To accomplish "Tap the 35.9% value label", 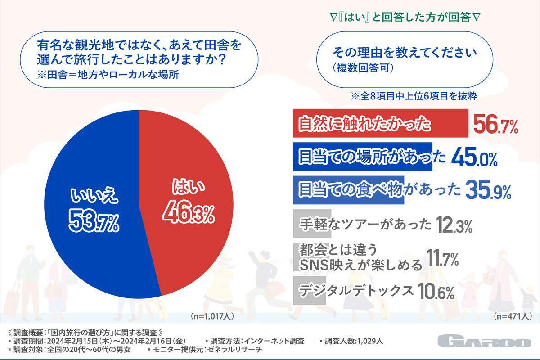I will click(x=488, y=191).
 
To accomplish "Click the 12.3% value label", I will click(x=454, y=225).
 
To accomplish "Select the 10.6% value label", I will click(x=436, y=292).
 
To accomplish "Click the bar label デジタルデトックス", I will click(x=356, y=291).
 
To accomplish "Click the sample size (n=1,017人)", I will click(x=212, y=316).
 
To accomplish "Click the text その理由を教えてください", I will click(x=404, y=53).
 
